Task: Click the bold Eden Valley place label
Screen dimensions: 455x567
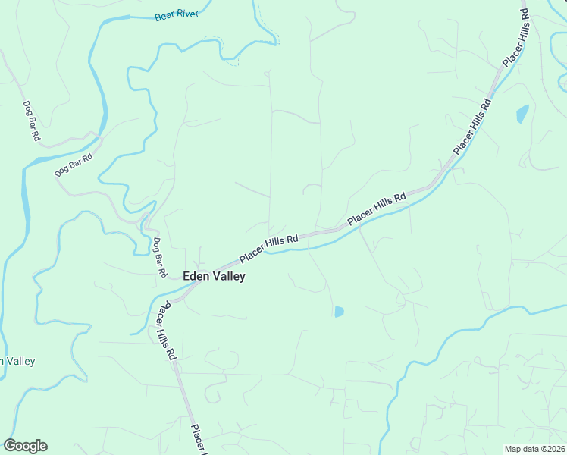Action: [214, 277]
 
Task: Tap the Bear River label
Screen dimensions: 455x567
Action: [175, 16]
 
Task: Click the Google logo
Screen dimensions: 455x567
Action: [25, 446]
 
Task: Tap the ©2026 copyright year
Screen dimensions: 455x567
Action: [553, 449]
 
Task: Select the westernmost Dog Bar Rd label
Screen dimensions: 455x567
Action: [30, 121]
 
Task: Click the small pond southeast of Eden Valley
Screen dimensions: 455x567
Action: [339, 311]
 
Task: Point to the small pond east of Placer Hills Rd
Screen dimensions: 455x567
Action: [522, 115]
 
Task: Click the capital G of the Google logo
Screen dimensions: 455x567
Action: [10, 446]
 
